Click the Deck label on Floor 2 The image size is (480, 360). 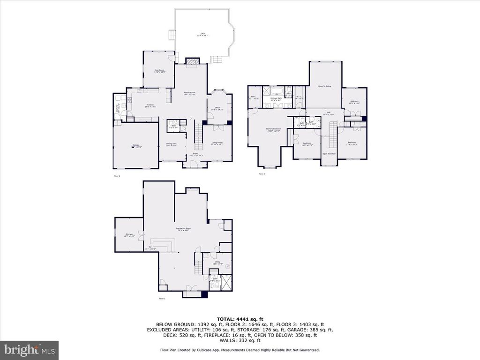click(x=202, y=34)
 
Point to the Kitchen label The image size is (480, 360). click(x=150, y=105)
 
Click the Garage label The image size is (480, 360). click(x=135, y=146)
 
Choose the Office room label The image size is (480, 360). click(x=217, y=109)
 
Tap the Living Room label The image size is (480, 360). click(x=217, y=143)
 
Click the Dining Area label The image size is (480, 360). click(x=171, y=145)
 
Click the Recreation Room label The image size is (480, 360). click(x=184, y=229)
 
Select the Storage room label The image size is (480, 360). click(x=129, y=235)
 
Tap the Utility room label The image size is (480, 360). click(x=217, y=263)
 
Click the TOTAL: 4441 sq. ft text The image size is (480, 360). click(x=240, y=319)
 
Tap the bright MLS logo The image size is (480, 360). click(x=29, y=349)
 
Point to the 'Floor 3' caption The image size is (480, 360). click(x=261, y=174)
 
